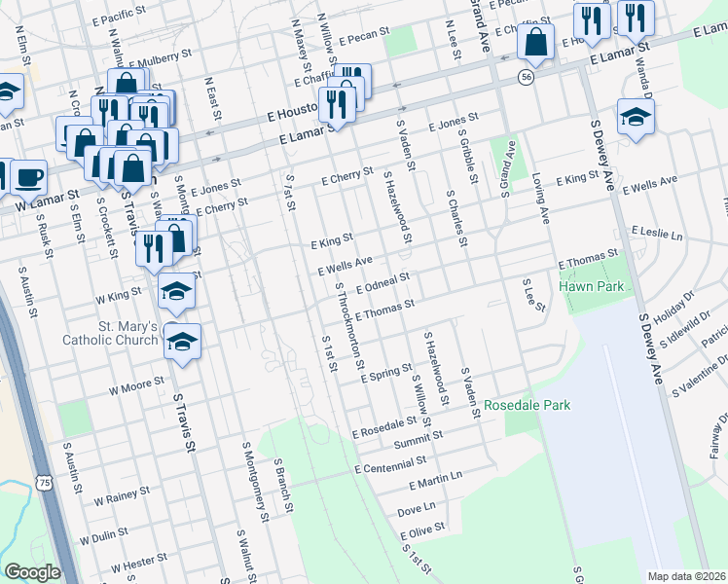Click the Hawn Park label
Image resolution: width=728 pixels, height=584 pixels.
(590, 287)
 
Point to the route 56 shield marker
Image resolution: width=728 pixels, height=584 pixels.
(527, 77)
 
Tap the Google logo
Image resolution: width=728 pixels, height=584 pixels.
(32, 572)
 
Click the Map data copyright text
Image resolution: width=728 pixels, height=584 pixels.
(685, 576)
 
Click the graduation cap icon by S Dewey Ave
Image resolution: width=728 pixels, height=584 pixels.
(636, 117)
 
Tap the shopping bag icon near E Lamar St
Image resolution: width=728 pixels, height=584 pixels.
(535, 43)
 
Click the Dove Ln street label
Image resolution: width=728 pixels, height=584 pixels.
(417, 509)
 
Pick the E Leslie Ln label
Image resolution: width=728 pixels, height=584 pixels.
(657, 235)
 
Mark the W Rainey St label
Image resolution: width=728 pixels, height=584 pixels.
(121, 498)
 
